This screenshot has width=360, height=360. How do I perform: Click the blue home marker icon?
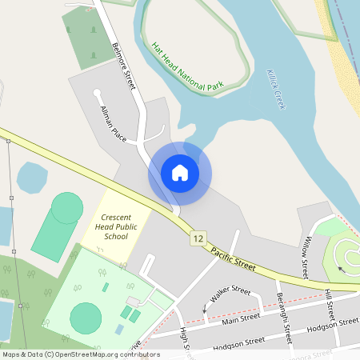(x=180, y=172)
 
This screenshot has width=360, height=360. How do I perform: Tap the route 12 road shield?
(x=198, y=238)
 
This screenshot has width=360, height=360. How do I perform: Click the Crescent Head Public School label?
(x=116, y=226)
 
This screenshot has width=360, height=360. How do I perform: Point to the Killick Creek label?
(x=276, y=89)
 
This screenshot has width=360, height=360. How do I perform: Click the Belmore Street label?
(x=125, y=61)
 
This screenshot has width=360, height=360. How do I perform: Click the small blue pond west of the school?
(x=32, y=178)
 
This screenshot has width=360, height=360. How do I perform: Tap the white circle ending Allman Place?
(x=98, y=93)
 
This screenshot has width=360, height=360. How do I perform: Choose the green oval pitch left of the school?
(x=58, y=226)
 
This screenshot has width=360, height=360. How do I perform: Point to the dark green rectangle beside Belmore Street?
(x=83, y=38)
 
